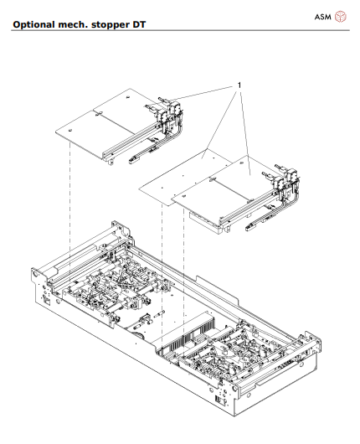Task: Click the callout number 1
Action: (239, 85)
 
